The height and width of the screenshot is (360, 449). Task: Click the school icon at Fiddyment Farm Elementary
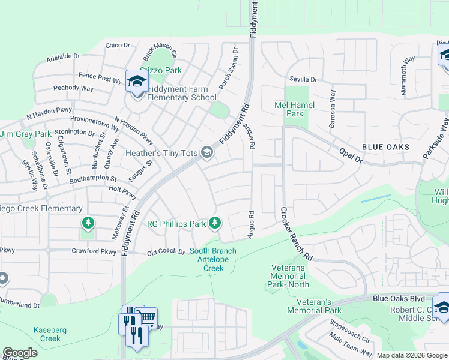(136, 80)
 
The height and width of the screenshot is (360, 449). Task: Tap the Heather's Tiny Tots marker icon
(207, 153)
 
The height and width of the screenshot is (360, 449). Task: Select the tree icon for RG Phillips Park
(215, 224)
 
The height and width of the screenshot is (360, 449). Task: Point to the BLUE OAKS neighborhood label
(385, 147)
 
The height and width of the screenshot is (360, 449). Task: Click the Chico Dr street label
(118, 46)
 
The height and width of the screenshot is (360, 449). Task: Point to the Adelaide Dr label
(63, 56)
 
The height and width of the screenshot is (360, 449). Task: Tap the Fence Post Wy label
(100, 77)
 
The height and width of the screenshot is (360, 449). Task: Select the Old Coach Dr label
(166, 252)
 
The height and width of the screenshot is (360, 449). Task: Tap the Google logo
(20, 353)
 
